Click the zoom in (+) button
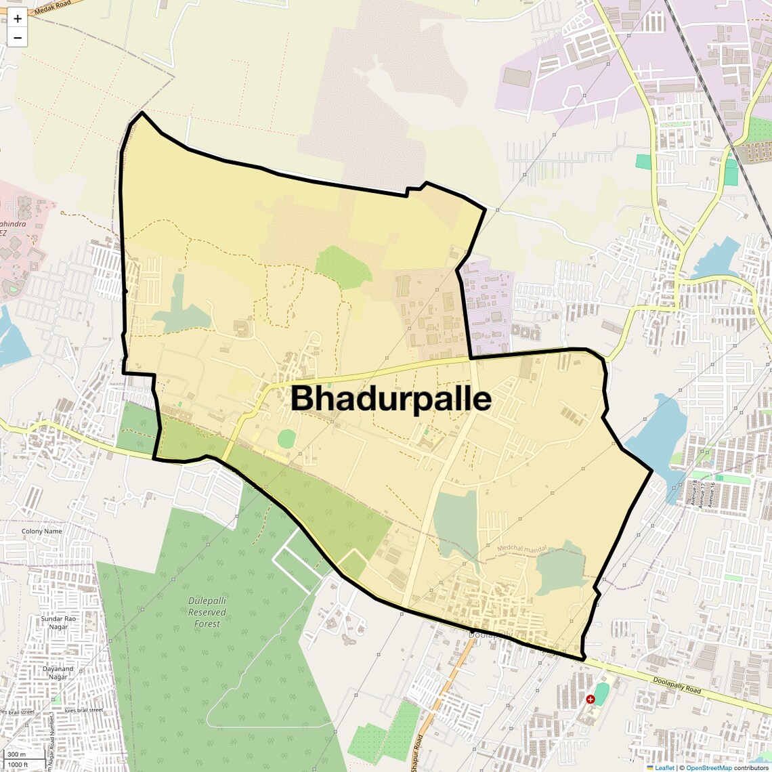pos(18,19)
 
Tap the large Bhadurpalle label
pos(391,398)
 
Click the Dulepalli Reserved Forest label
pos(207,612)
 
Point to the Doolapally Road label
pos(677,685)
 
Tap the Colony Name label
pos(41,532)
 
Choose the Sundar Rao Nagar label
pos(58,623)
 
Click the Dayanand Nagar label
pos(58,673)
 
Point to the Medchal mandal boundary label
pos(521,549)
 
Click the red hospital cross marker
pos(591,699)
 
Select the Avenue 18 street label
pos(694,493)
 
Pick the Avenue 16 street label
pos(710,493)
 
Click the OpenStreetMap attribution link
pos(709,768)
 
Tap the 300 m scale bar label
pos(16,754)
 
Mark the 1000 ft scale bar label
pos(18,765)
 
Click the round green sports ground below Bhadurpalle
pos(286,438)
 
